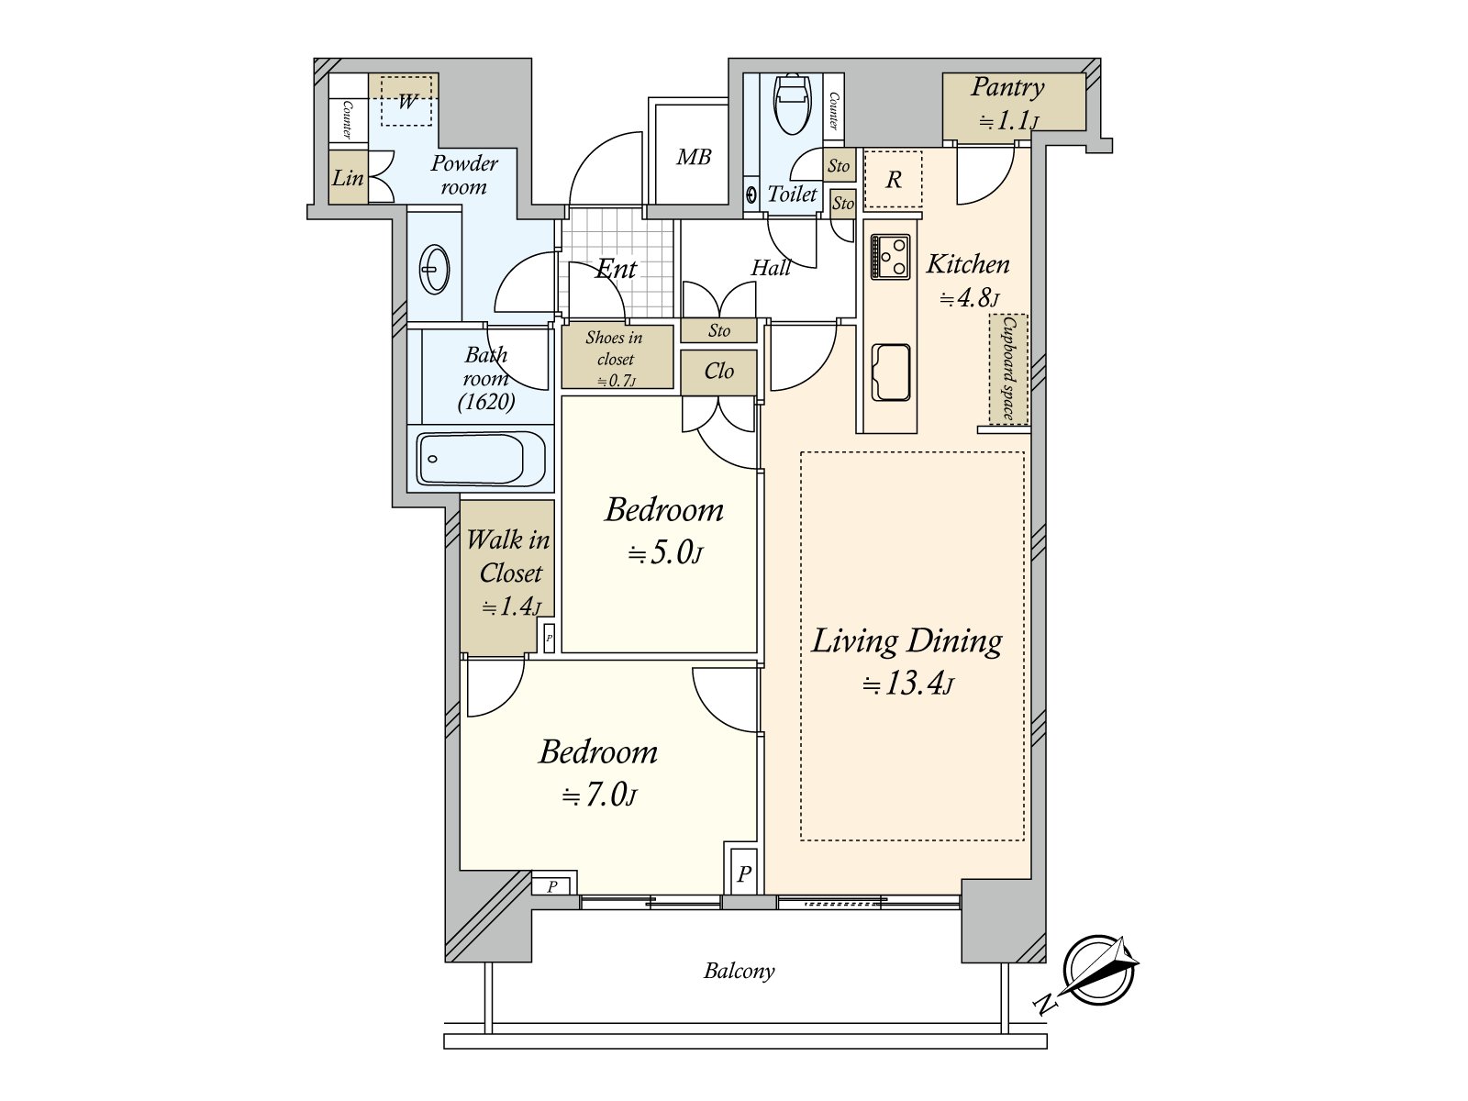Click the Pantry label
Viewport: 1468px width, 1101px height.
point(1007,87)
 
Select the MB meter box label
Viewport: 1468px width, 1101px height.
point(693,157)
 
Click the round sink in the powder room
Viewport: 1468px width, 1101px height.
point(434,270)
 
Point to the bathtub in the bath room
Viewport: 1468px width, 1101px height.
point(480,459)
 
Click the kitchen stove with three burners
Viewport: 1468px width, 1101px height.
point(890,257)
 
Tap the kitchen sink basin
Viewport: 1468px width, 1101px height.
point(891,373)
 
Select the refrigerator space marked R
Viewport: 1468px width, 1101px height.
point(893,179)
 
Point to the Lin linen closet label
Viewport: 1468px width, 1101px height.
point(348,178)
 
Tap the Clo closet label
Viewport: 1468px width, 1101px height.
point(719,371)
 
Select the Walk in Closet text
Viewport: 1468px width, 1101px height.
point(509,556)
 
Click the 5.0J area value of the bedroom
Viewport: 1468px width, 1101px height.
point(664,553)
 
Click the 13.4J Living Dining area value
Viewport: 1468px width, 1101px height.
point(907,684)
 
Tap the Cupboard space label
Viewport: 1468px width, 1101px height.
point(1008,368)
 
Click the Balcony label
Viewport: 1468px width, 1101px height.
point(739,971)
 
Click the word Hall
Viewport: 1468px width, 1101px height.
point(771,268)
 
